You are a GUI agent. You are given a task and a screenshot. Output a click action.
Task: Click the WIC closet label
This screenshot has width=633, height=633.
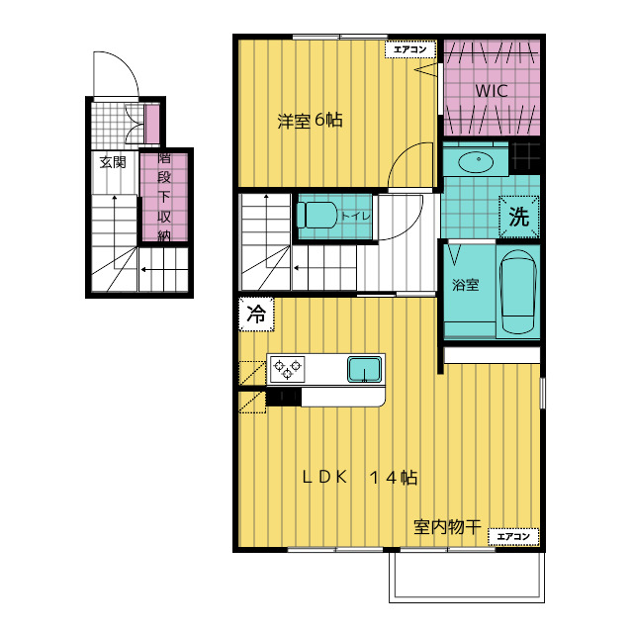pyautogui.click(x=491, y=90)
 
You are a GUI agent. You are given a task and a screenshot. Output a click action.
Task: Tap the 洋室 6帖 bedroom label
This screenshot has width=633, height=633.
pyautogui.click(x=310, y=121)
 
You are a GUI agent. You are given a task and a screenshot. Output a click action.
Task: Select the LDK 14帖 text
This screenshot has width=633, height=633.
pyautogui.click(x=360, y=477)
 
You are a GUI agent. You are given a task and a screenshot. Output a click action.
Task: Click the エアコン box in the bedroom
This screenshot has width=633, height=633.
pyautogui.click(x=410, y=49)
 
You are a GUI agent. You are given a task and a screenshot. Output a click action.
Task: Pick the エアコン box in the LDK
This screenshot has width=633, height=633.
pyautogui.click(x=513, y=536)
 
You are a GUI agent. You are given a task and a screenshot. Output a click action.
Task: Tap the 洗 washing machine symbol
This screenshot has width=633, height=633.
pyautogui.click(x=518, y=217)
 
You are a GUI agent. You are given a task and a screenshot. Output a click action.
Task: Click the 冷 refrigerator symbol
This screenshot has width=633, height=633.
pyautogui.click(x=256, y=315)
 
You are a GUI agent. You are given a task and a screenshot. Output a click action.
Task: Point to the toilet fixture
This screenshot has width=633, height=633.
pyautogui.click(x=317, y=215)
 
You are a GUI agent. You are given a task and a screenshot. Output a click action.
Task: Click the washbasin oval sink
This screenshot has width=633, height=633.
pyautogui.click(x=476, y=162)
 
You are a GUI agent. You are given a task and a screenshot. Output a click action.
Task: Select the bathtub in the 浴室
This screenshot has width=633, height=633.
pyautogui.click(x=518, y=292)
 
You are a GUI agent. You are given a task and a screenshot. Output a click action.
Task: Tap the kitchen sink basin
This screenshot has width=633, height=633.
pyautogui.click(x=365, y=369)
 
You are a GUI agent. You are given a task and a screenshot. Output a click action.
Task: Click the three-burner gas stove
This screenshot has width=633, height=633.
pyautogui.click(x=287, y=369)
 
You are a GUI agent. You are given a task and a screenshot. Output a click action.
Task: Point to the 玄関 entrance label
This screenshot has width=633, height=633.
pyautogui.click(x=113, y=162)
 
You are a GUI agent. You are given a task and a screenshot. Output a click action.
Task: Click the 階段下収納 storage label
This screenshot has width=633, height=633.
pyautogui.click(x=164, y=197)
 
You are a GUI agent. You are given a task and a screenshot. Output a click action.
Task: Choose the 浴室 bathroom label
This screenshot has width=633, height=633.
pyautogui.click(x=466, y=285)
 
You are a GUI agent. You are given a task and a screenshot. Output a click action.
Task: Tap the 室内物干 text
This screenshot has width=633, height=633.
pyautogui.click(x=447, y=527)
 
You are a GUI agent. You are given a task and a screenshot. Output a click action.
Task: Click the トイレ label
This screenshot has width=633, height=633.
pyautogui.click(x=356, y=216)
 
